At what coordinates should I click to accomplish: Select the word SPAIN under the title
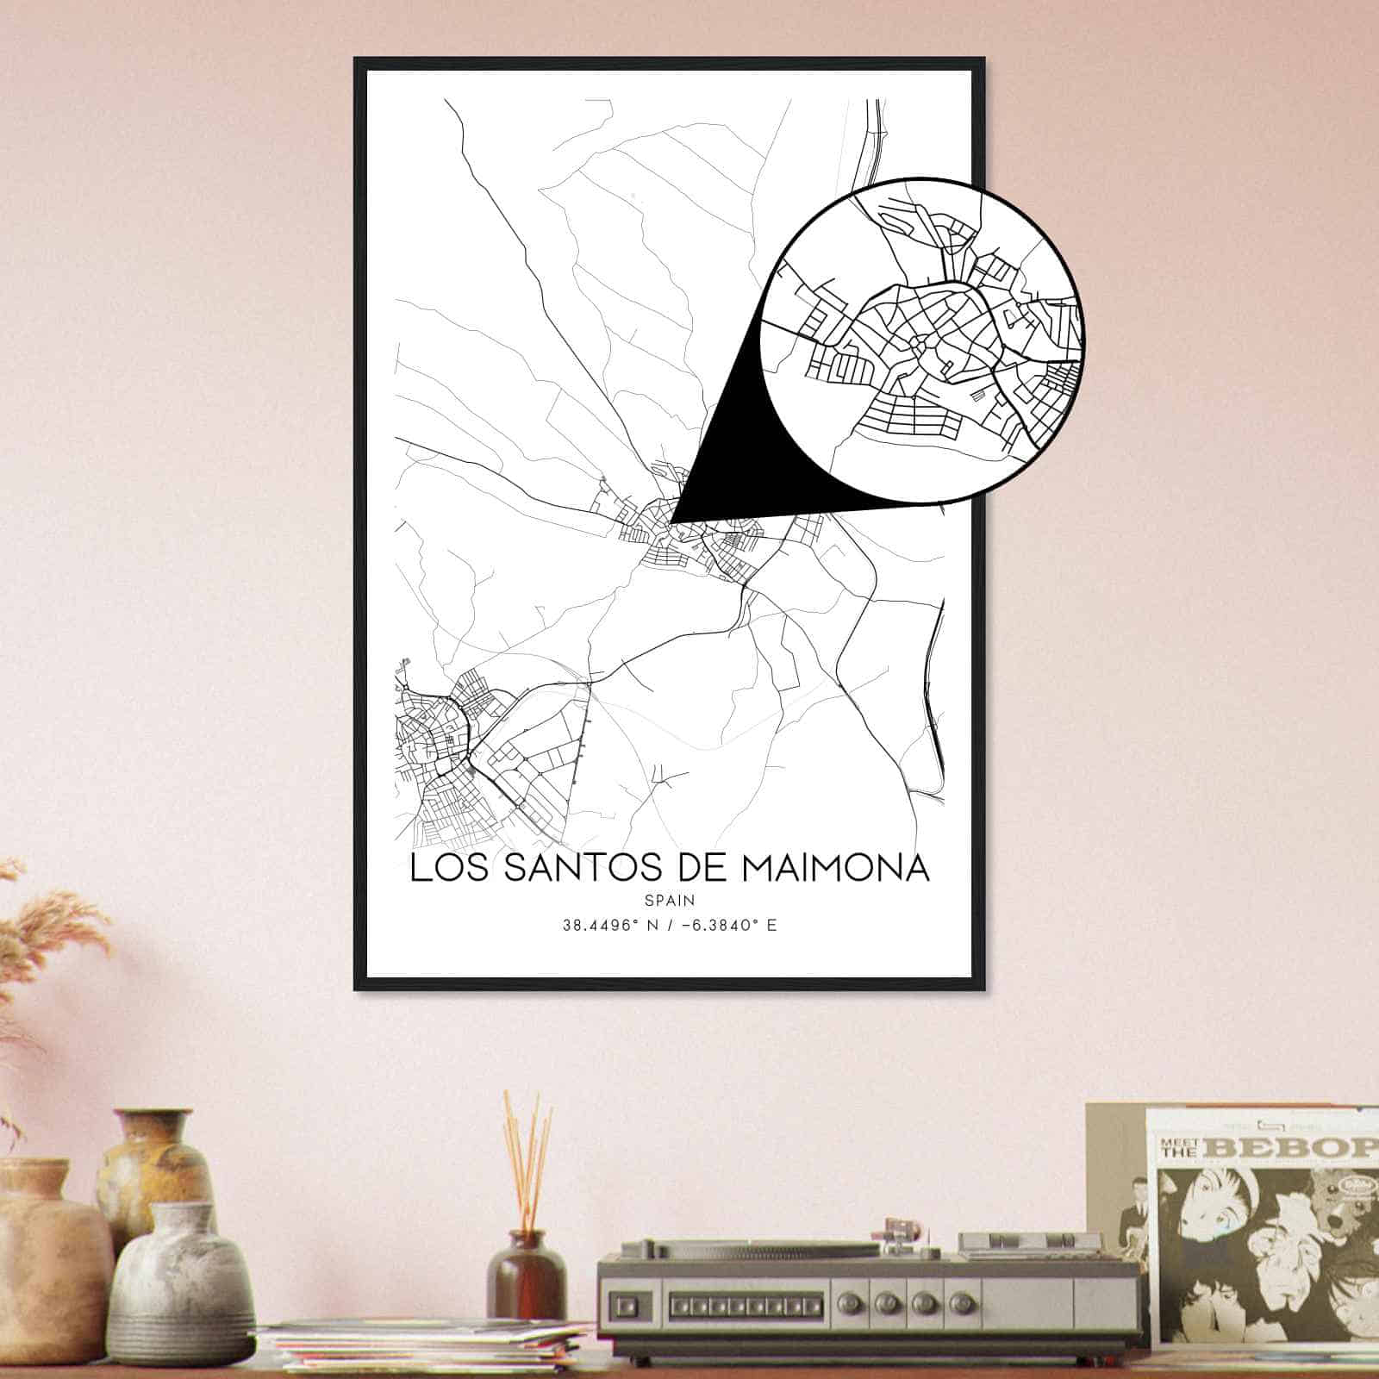click(670, 900)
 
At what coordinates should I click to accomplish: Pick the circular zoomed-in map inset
click(921, 340)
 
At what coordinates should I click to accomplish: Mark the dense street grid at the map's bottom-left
click(440, 758)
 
